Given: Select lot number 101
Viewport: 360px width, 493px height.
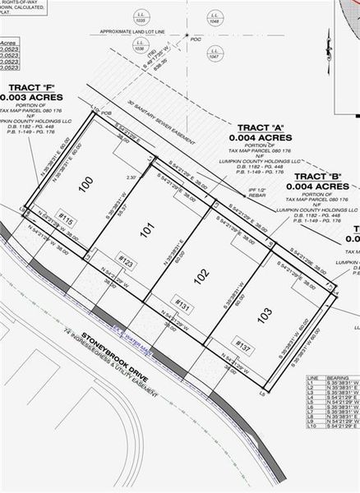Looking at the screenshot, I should [146, 232].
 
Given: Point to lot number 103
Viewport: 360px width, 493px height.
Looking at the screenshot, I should [263, 313].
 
